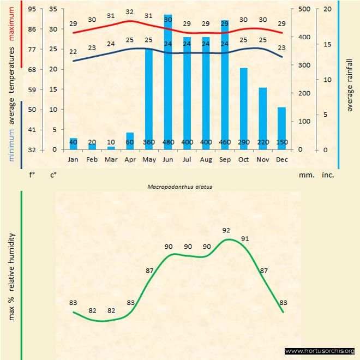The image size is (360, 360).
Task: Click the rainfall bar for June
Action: (168, 82)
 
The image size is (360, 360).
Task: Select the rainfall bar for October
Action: (244, 109)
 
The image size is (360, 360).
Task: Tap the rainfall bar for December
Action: (281, 128)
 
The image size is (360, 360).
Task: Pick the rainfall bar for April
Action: (130, 141)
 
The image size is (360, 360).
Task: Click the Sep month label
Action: (225, 160)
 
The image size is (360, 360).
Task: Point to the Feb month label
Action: (92, 160)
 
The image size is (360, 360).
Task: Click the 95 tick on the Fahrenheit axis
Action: (32, 9)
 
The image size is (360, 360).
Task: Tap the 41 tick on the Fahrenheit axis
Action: (32, 130)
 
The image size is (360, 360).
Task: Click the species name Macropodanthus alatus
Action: (179, 186)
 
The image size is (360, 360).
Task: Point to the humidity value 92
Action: (226, 230)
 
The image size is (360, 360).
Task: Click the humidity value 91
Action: (245, 238)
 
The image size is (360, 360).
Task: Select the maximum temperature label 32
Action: (130, 12)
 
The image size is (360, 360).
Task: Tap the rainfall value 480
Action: (168, 142)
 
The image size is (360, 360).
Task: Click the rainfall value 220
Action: (263, 142)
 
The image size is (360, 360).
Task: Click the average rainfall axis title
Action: (350, 85)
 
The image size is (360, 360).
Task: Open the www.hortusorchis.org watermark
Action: (320, 351)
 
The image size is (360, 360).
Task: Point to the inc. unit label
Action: (327, 176)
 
